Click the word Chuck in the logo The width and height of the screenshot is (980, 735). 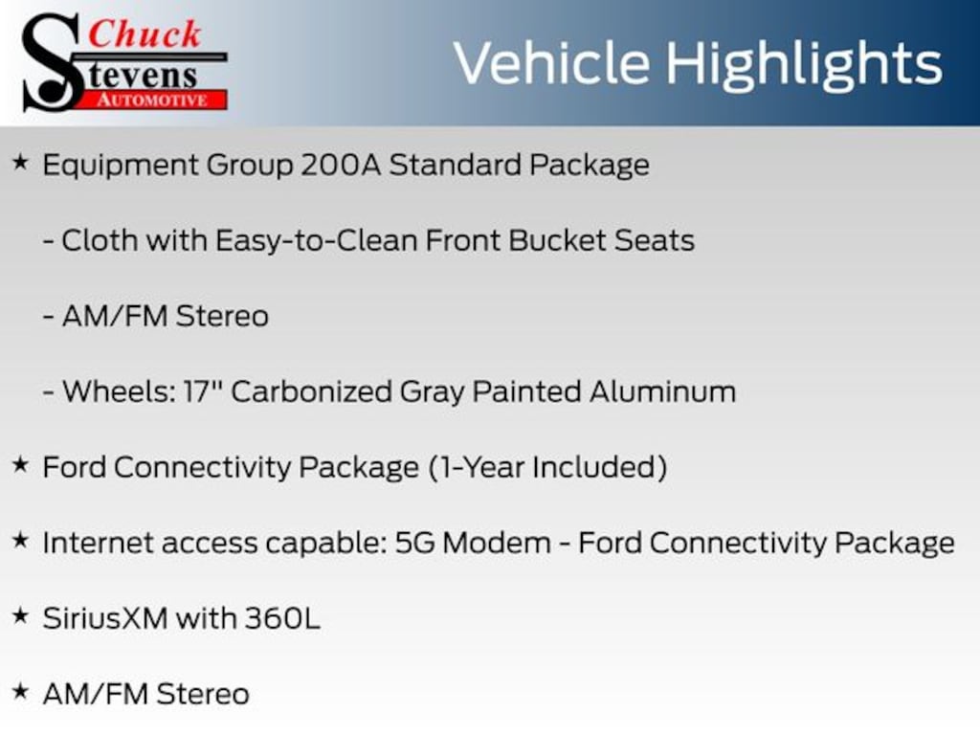tap(145, 34)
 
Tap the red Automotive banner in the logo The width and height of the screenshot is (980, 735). tap(152, 100)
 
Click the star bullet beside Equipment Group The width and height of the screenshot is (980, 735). tap(21, 163)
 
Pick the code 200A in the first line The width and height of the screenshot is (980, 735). tap(341, 165)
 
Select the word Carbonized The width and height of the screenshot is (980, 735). tap(311, 391)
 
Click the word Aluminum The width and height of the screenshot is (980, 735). tap(662, 391)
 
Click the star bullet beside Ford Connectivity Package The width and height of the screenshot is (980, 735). tap(21, 465)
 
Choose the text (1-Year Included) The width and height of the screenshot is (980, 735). tap(548, 467)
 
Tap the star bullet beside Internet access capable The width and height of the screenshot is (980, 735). tap(21, 541)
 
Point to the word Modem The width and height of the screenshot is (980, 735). tap(497, 544)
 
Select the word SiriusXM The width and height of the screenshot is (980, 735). tap(105, 619)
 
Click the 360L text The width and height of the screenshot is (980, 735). tap(282, 619)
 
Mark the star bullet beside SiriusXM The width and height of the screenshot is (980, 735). tap(21, 616)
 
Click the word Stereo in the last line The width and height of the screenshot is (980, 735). tap(203, 695)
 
